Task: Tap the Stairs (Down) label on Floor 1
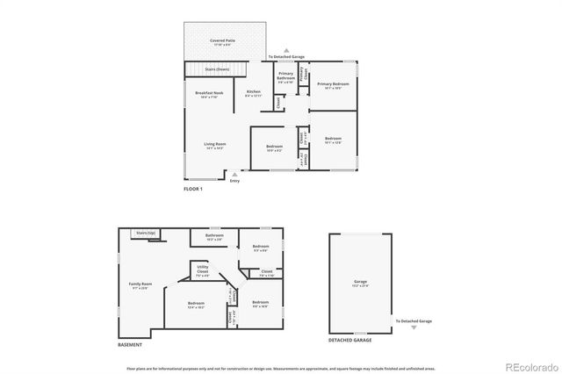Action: pyautogui.click(x=217, y=68)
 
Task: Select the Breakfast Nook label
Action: pyautogui.click(x=210, y=93)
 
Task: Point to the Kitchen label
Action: pyautogui.click(x=253, y=93)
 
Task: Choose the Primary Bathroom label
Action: pyautogui.click(x=285, y=77)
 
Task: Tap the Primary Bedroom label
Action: pyautogui.click(x=331, y=85)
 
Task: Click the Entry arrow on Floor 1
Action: pyautogui.click(x=234, y=175)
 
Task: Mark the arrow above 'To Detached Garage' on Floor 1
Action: pyautogui.click(x=286, y=51)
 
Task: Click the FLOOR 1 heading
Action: pyautogui.click(x=193, y=190)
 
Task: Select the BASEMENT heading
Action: pyautogui.click(x=130, y=344)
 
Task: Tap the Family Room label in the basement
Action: pyautogui.click(x=141, y=284)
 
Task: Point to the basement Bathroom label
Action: pyautogui.click(x=214, y=236)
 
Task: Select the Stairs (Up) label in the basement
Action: pyautogui.click(x=146, y=233)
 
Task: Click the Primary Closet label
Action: pyautogui.click(x=301, y=76)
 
